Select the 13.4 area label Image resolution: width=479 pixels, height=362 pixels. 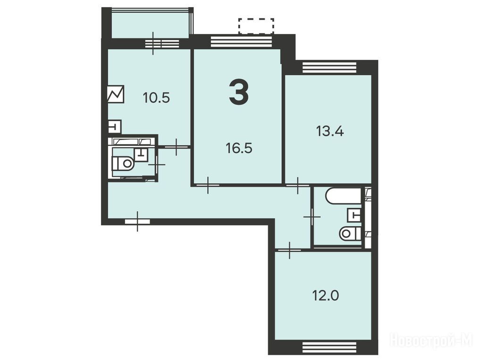point(330,132)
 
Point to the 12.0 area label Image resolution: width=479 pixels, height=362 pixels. point(325,296)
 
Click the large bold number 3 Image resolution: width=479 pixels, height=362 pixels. point(239,91)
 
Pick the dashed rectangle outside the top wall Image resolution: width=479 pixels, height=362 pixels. point(256,25)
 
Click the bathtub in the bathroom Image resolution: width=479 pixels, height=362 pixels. point(344,196)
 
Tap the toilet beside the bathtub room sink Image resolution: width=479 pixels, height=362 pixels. point(350,233)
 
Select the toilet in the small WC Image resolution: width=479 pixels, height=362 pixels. point(124,163)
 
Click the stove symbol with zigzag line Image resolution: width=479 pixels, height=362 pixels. point(116,94)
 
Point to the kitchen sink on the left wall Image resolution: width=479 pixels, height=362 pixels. point(115,126)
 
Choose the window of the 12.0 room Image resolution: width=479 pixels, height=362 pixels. point(329,347)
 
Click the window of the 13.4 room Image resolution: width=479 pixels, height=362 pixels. point(329,67)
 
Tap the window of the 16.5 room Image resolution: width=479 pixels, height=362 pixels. point(241,41)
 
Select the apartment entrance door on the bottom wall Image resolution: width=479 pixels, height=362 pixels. point(137,221)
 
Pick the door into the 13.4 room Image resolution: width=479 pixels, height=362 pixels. point(298,185)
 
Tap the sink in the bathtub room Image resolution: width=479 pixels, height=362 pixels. point(354,215)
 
